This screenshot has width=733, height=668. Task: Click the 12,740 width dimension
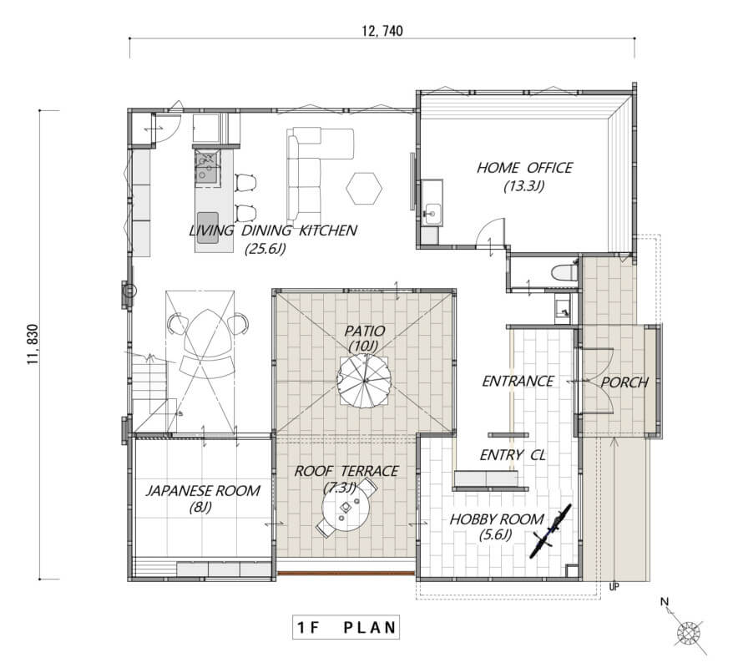382,31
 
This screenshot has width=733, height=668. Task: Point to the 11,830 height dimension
33,345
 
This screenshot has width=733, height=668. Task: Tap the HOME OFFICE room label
524,168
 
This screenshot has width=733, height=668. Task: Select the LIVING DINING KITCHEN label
273,230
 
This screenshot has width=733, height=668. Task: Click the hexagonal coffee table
364,188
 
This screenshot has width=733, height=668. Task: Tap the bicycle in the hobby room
551,531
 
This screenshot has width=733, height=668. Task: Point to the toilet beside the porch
564,272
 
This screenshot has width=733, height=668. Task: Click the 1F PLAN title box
346,627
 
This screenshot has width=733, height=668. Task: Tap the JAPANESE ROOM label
203,491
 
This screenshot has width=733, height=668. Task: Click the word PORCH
624,382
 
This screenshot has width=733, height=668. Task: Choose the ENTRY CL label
513,455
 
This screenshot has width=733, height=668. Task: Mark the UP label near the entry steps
614,586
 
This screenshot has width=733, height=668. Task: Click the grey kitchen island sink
208,228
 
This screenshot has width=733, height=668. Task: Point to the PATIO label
365,331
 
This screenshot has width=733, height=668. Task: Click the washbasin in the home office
432,215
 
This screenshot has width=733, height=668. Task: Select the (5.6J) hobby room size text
496,534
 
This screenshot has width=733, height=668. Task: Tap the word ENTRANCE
518,382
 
